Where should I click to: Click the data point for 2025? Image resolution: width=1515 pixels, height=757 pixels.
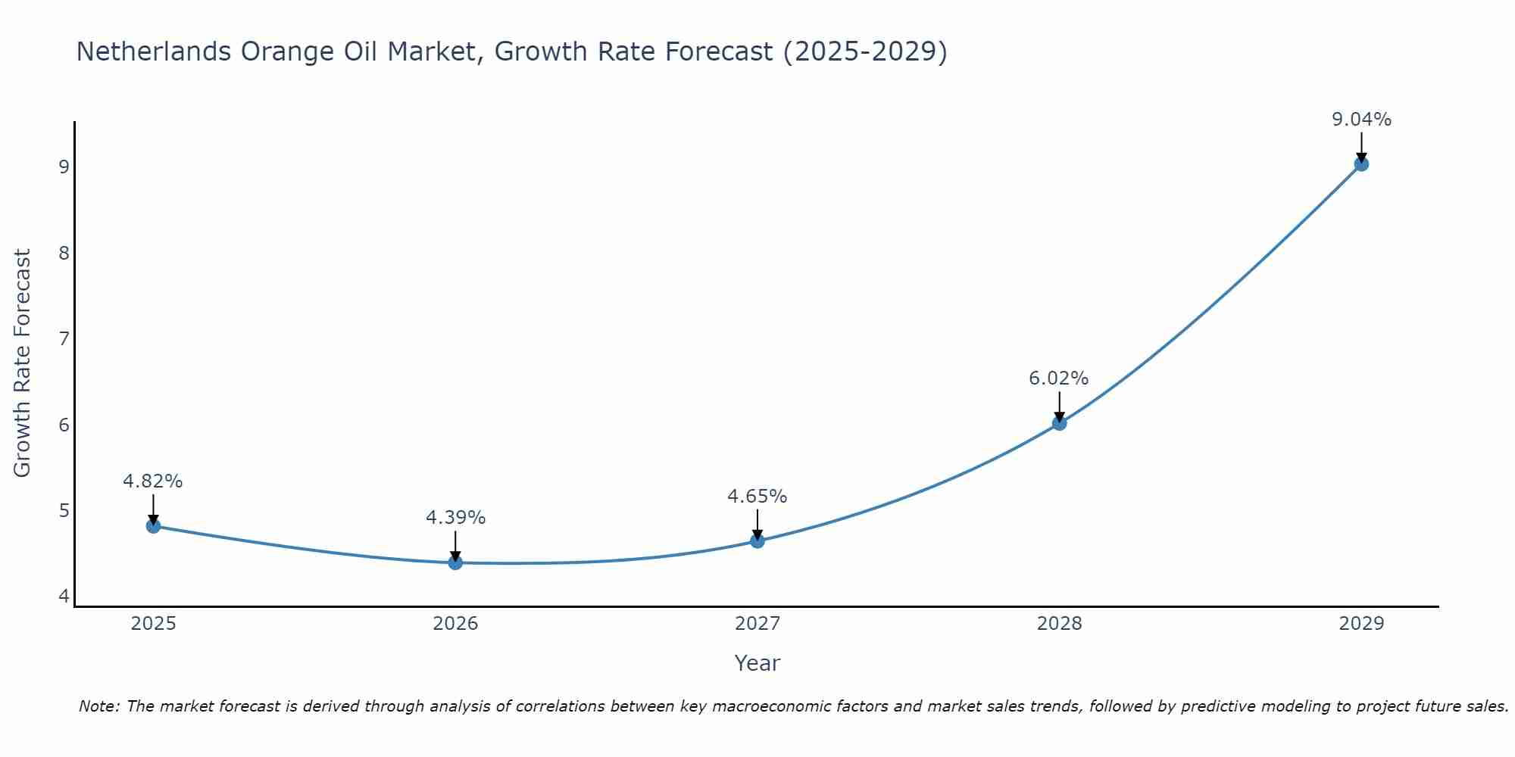click(x=153, y=526)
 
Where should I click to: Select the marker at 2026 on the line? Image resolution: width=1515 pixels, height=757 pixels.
click(x=455, y=562)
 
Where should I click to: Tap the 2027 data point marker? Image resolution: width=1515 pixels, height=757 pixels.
click(x=757, y=540)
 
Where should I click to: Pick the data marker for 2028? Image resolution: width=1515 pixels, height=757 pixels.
click(x=1059, y=423)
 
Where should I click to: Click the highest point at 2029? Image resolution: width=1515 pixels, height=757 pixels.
click(x=1361, y=164)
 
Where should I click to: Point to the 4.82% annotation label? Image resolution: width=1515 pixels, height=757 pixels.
click(x=153, y=481)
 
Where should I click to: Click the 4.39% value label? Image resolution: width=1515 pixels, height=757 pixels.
click(x=455, y=518)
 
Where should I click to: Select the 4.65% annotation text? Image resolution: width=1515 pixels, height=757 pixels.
click(x=757, y=497)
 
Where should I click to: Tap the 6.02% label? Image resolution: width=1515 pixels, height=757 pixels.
click(x=1059, y=378)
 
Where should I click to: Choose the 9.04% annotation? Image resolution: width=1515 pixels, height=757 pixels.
click(x=1361, y=120)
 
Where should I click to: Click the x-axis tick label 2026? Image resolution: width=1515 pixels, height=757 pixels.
click(x=455, y=624)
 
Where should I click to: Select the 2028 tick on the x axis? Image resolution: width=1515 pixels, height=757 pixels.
click(x=1059, y=624)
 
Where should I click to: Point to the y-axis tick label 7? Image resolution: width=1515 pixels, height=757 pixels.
click(x=64, y=338)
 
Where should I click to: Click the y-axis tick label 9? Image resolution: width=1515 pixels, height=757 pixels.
click(x=64, y=167)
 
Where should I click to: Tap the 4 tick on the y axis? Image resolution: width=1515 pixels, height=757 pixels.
click(x=64, y=597)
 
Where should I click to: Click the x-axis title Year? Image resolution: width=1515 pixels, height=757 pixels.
click(x=757, y=663)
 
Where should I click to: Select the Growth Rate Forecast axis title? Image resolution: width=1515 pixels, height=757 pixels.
click(x=23, y=363)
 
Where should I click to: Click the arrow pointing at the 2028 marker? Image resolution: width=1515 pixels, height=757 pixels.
click(x=1059, y=405)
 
